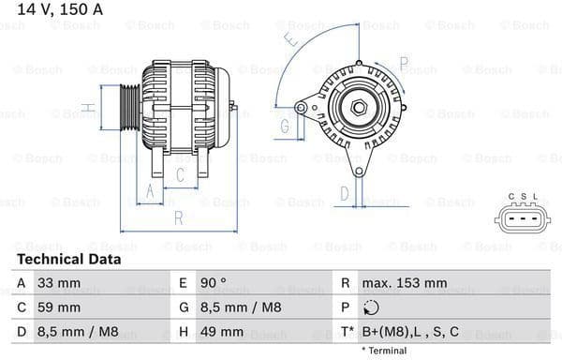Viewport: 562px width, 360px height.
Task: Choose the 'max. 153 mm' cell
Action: [406, 282]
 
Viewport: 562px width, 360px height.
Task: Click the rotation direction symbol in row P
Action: [372, 307]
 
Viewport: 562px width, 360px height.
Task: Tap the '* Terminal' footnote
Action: [382, 351]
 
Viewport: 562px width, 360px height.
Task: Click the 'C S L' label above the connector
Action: [523, 196]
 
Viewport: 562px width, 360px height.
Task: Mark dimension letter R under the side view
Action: [177, 218]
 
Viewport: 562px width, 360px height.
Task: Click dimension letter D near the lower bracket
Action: [344, 194]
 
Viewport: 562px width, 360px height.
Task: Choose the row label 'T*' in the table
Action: [348, 332]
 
